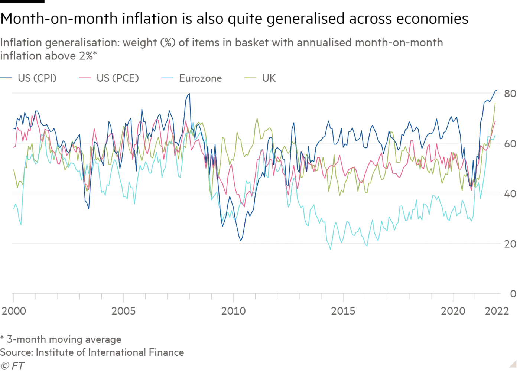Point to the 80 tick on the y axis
(510, 94)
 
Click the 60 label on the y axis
(510, 144)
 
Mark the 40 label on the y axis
(510, 194)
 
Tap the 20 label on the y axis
(510, 244)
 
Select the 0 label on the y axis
(513, 294)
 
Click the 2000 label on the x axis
(14, 311)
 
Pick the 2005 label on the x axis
(123, 311)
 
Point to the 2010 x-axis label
(233, 311)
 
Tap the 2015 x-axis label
(343, 311)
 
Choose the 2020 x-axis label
(453, 311)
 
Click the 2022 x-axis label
(497, 311)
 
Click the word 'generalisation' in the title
(82, 43)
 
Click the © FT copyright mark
(12, 366)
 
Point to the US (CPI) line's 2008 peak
(189, 94)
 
